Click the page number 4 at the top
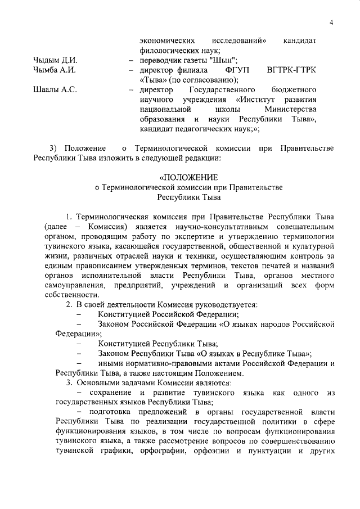click(332, 22)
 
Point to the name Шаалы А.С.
click(55, 90)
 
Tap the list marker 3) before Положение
click(54, 148)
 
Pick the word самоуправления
click(84, 286)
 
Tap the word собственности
click(78, 296)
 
